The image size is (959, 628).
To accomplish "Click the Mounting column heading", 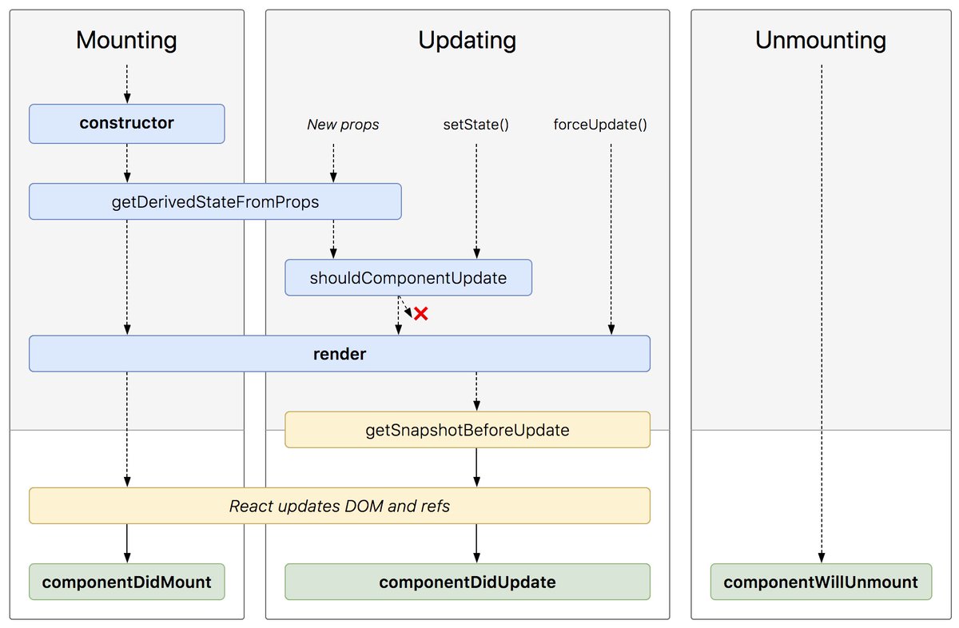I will pyautogui.click(x=126, y=40).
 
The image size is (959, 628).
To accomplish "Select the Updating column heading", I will pyautogui.click(x=467, y=40).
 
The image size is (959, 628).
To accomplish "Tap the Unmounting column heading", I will pyautogui.click(x=820, y=40).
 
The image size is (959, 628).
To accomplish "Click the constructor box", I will pyautogui.click(x=126, y=124).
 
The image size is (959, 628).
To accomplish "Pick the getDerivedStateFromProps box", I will pyautogui.click(x=215, y=202).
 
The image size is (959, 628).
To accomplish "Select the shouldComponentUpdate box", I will pyautogui.click(x=408, y=278).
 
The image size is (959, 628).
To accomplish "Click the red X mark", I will pyautogui.click(x=421, y=314).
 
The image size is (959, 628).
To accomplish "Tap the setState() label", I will pyautogui.click(x=476, y=125).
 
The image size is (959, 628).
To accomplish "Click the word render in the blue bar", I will pyautogui.click(x=339, y=354).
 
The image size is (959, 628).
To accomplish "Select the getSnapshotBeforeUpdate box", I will pyautogui.click(x=467, y=430).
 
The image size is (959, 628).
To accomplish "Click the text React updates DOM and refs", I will pyautogui.click(x=339, y=506).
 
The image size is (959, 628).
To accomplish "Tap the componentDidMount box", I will pyautogui.click(x=126, y=582).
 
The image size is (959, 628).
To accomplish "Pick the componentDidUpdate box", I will pyautogui.click(x=467, y=582).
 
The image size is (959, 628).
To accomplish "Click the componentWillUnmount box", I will pyautogui.click(x=820, y=582).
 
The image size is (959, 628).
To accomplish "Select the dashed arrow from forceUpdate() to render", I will pyautogui.click(x=611, y=240).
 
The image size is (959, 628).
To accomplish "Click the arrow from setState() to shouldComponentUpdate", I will pyautogui.click(x=476, y=200).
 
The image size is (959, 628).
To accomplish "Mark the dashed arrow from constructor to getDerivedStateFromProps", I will pyautogui.click(x=126, y=164).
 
